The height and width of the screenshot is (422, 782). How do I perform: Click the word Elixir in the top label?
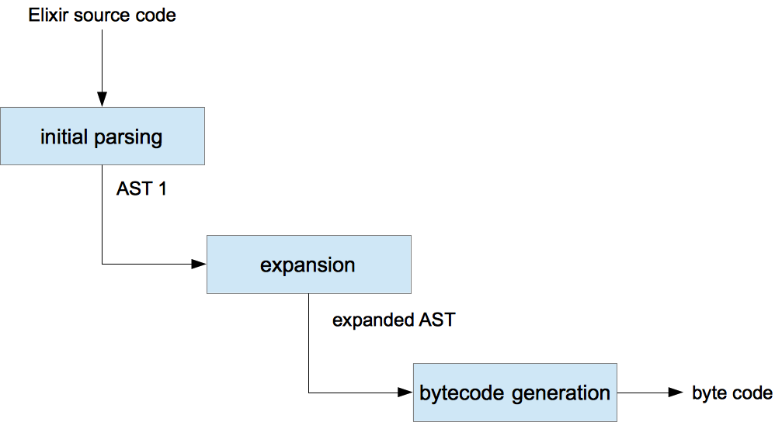pos(48,16)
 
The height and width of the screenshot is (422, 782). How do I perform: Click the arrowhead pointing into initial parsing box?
pos(102,99)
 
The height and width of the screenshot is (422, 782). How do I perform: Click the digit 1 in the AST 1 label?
pos(162,189)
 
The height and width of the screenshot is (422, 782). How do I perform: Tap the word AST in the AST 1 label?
pos(134,189)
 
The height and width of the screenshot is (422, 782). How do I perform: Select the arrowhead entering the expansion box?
pos(199,265)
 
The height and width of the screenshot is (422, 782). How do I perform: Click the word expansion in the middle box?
pos(308,265)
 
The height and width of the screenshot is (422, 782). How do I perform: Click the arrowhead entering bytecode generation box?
pos(405,393)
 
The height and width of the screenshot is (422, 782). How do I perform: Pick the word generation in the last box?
pos(562,393)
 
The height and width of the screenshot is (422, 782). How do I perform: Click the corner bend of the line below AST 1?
pos(102,265)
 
